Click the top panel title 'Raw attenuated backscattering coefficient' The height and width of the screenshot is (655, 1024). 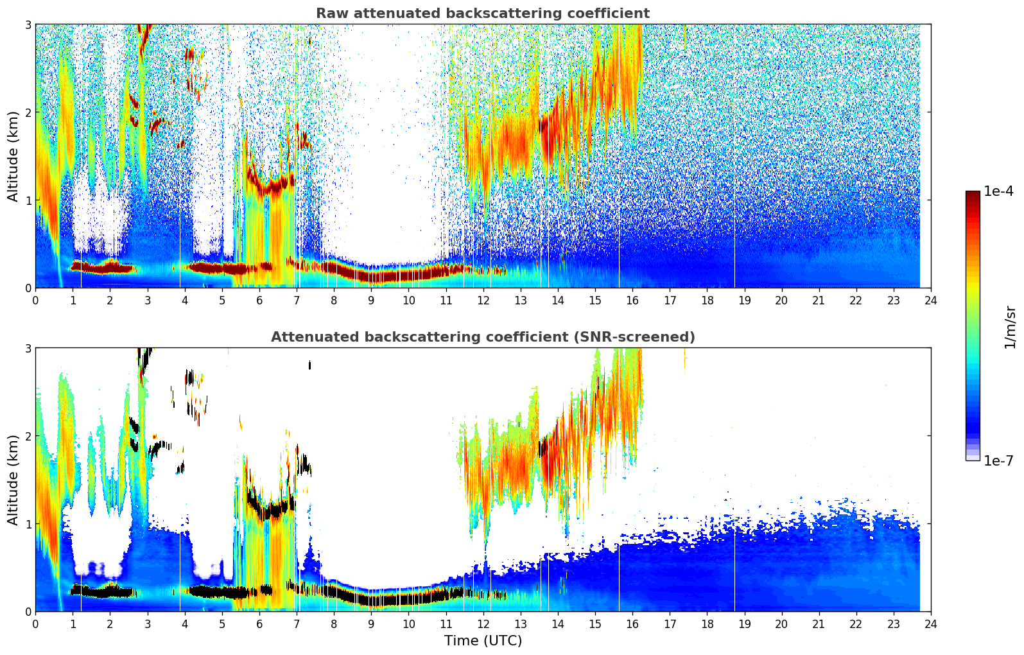482,13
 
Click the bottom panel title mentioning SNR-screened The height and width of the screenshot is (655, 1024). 482,337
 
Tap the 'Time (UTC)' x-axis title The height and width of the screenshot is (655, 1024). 483,640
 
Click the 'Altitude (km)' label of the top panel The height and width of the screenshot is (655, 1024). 13,156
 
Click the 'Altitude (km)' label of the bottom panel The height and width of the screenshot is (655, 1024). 13,480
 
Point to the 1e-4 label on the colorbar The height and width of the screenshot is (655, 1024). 998,191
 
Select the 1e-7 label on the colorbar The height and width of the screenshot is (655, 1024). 998,460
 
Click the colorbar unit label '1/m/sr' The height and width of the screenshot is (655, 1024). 1010,327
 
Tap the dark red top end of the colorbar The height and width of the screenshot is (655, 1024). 973,194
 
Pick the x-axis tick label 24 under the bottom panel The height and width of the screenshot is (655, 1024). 931,624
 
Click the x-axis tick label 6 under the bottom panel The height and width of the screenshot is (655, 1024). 259,624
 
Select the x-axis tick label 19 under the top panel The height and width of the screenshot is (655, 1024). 744,300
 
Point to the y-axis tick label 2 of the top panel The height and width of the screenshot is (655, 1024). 28,112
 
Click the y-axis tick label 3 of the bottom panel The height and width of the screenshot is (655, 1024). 28,348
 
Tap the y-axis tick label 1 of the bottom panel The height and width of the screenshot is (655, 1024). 28,524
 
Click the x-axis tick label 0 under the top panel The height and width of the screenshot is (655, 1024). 35,300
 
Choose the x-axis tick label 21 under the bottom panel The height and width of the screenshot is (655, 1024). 819,624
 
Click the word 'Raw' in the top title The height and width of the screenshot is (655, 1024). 330,13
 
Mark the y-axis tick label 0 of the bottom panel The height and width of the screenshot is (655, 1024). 28,611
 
